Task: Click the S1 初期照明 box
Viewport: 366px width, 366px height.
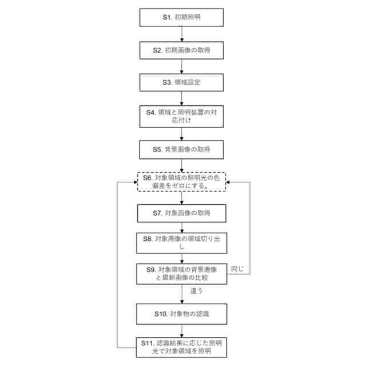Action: point(181,17)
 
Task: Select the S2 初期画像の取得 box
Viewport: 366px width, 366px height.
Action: point(181,50)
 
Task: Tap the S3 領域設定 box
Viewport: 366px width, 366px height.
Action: point(181,82)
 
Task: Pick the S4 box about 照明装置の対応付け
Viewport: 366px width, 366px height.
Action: point(181,116)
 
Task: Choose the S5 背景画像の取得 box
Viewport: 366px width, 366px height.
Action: point(181,149)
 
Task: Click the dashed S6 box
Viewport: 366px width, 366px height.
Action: point(181,182)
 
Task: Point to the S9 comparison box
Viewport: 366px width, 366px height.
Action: point(181,273)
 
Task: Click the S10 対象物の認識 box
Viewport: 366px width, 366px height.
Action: point(181,313)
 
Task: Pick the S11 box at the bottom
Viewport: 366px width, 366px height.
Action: point(181,347)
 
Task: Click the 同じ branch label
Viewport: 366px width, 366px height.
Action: point(237,268)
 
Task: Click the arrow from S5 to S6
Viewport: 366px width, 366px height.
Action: point(181,165)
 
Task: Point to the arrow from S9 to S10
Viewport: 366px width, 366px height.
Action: point(181,293)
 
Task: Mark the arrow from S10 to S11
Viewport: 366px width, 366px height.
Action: point(181,330)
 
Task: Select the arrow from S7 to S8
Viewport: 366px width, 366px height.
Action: point(181,228)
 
